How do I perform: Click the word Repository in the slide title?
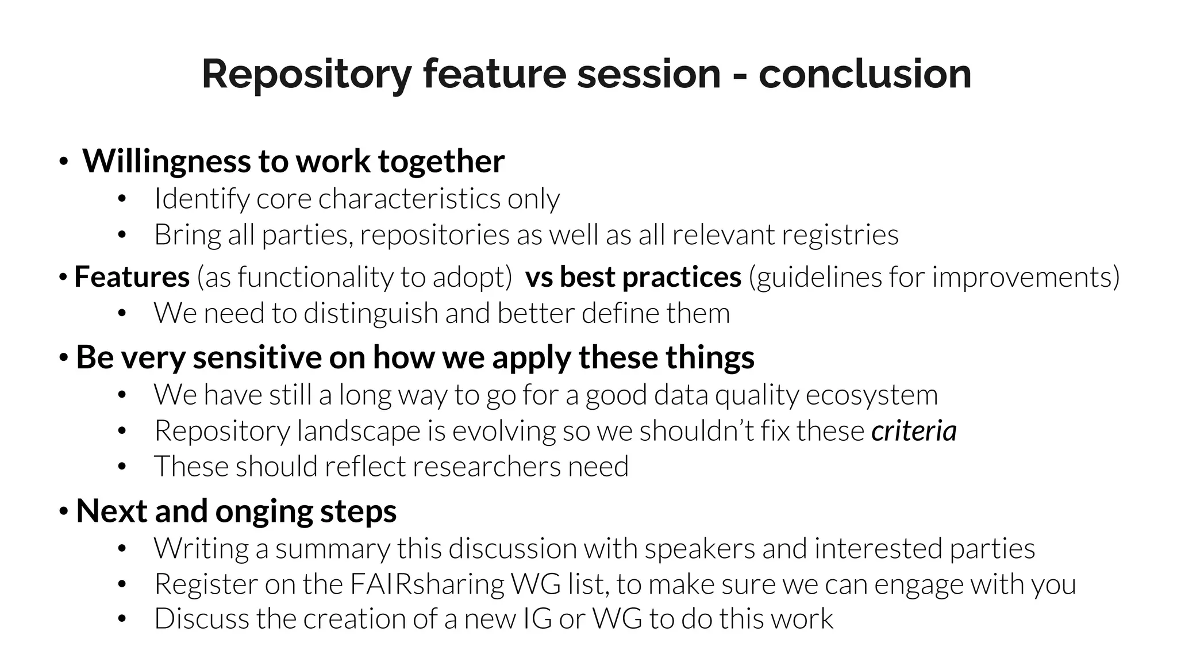[306, 75]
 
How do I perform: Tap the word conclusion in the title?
[864, 75]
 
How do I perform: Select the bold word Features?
[132, 277]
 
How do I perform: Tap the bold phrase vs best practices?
[633, 277]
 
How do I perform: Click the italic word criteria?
[914, 431]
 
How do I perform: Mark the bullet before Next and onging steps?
[63, 511]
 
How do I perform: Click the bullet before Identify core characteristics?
[121, 199]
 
